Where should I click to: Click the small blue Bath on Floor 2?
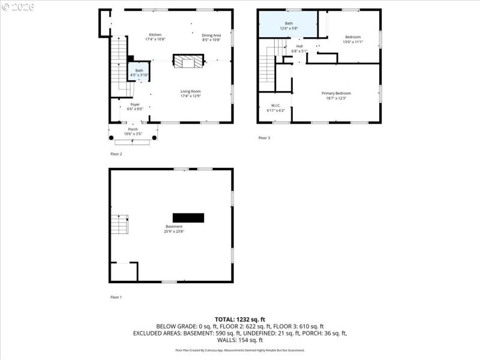click(x=139, y=72)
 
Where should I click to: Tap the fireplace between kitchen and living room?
click(x=188, y=61)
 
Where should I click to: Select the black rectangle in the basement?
click(x=188, y=217)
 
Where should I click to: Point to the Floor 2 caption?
click(x=116, y=154)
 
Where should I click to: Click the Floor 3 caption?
click(x=264, y=138)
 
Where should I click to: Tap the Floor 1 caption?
click(x=116, y=297)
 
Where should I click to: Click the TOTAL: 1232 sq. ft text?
click(x=240, y=319)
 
